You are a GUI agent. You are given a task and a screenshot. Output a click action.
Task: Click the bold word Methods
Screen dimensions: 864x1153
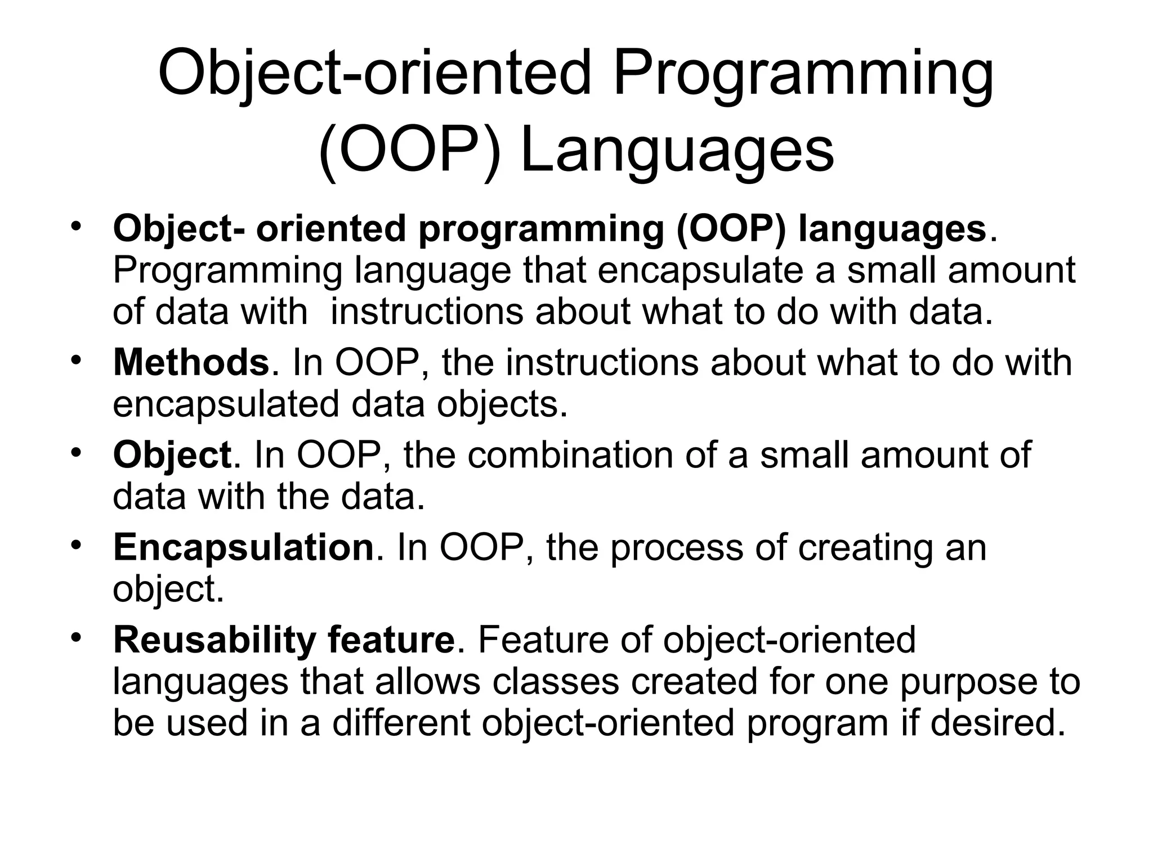pos(191,362)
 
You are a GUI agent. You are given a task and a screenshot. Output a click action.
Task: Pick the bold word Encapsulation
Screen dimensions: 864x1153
pos(243,547)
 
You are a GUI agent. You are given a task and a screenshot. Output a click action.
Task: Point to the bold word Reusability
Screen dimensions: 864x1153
pos(214,640)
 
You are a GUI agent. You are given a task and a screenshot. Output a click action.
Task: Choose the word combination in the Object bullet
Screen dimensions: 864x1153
pos(570,455)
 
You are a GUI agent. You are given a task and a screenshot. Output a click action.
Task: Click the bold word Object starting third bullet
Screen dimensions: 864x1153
pos(172,455)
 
